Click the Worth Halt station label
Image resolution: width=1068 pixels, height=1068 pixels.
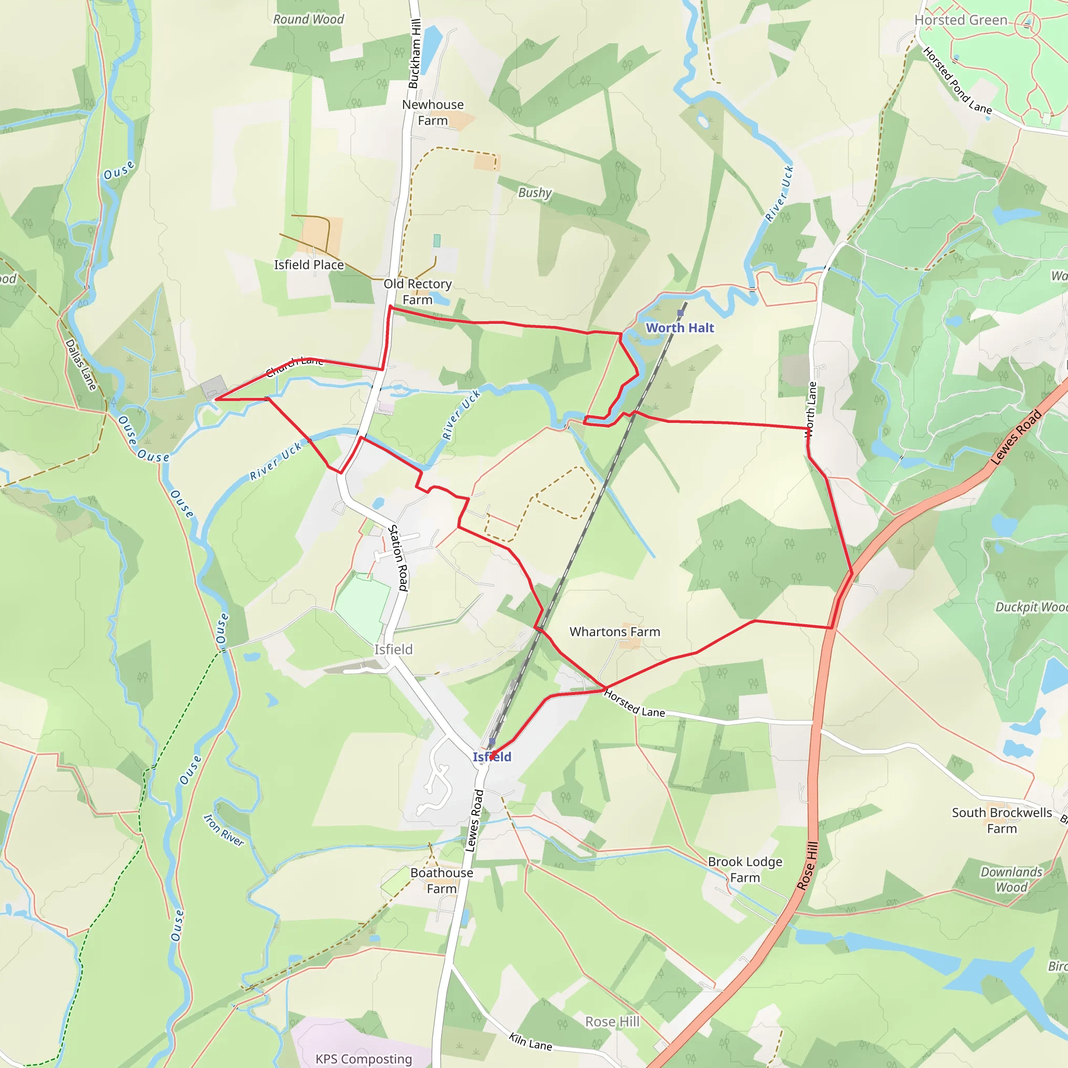680,328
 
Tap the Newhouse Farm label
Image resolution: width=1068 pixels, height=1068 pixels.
433,112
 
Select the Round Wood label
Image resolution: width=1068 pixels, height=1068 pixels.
309,19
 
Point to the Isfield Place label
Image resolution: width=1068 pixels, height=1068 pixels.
309,265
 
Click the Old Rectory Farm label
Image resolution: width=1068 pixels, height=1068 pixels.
417,292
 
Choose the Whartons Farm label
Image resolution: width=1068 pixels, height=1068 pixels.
615,632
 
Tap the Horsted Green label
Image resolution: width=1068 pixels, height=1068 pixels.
961,20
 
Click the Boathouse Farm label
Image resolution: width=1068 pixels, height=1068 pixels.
442,881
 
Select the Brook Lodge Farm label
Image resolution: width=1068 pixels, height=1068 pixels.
745,869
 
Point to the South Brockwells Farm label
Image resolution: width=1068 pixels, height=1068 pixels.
1002,820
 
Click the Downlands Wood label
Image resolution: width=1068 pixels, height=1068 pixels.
1011,880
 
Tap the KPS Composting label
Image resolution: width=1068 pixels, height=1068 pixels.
364,1059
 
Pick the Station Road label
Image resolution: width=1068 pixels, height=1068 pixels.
398,559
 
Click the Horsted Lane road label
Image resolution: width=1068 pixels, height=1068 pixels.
634,703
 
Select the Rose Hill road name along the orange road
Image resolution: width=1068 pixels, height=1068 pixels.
808,866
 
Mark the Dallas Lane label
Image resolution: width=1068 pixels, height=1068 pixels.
81,365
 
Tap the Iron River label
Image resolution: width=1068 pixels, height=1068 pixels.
224,830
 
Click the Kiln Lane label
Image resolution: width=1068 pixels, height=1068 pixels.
530,1041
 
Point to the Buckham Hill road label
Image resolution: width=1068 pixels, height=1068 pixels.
415,54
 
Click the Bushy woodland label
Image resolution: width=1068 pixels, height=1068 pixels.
535,192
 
